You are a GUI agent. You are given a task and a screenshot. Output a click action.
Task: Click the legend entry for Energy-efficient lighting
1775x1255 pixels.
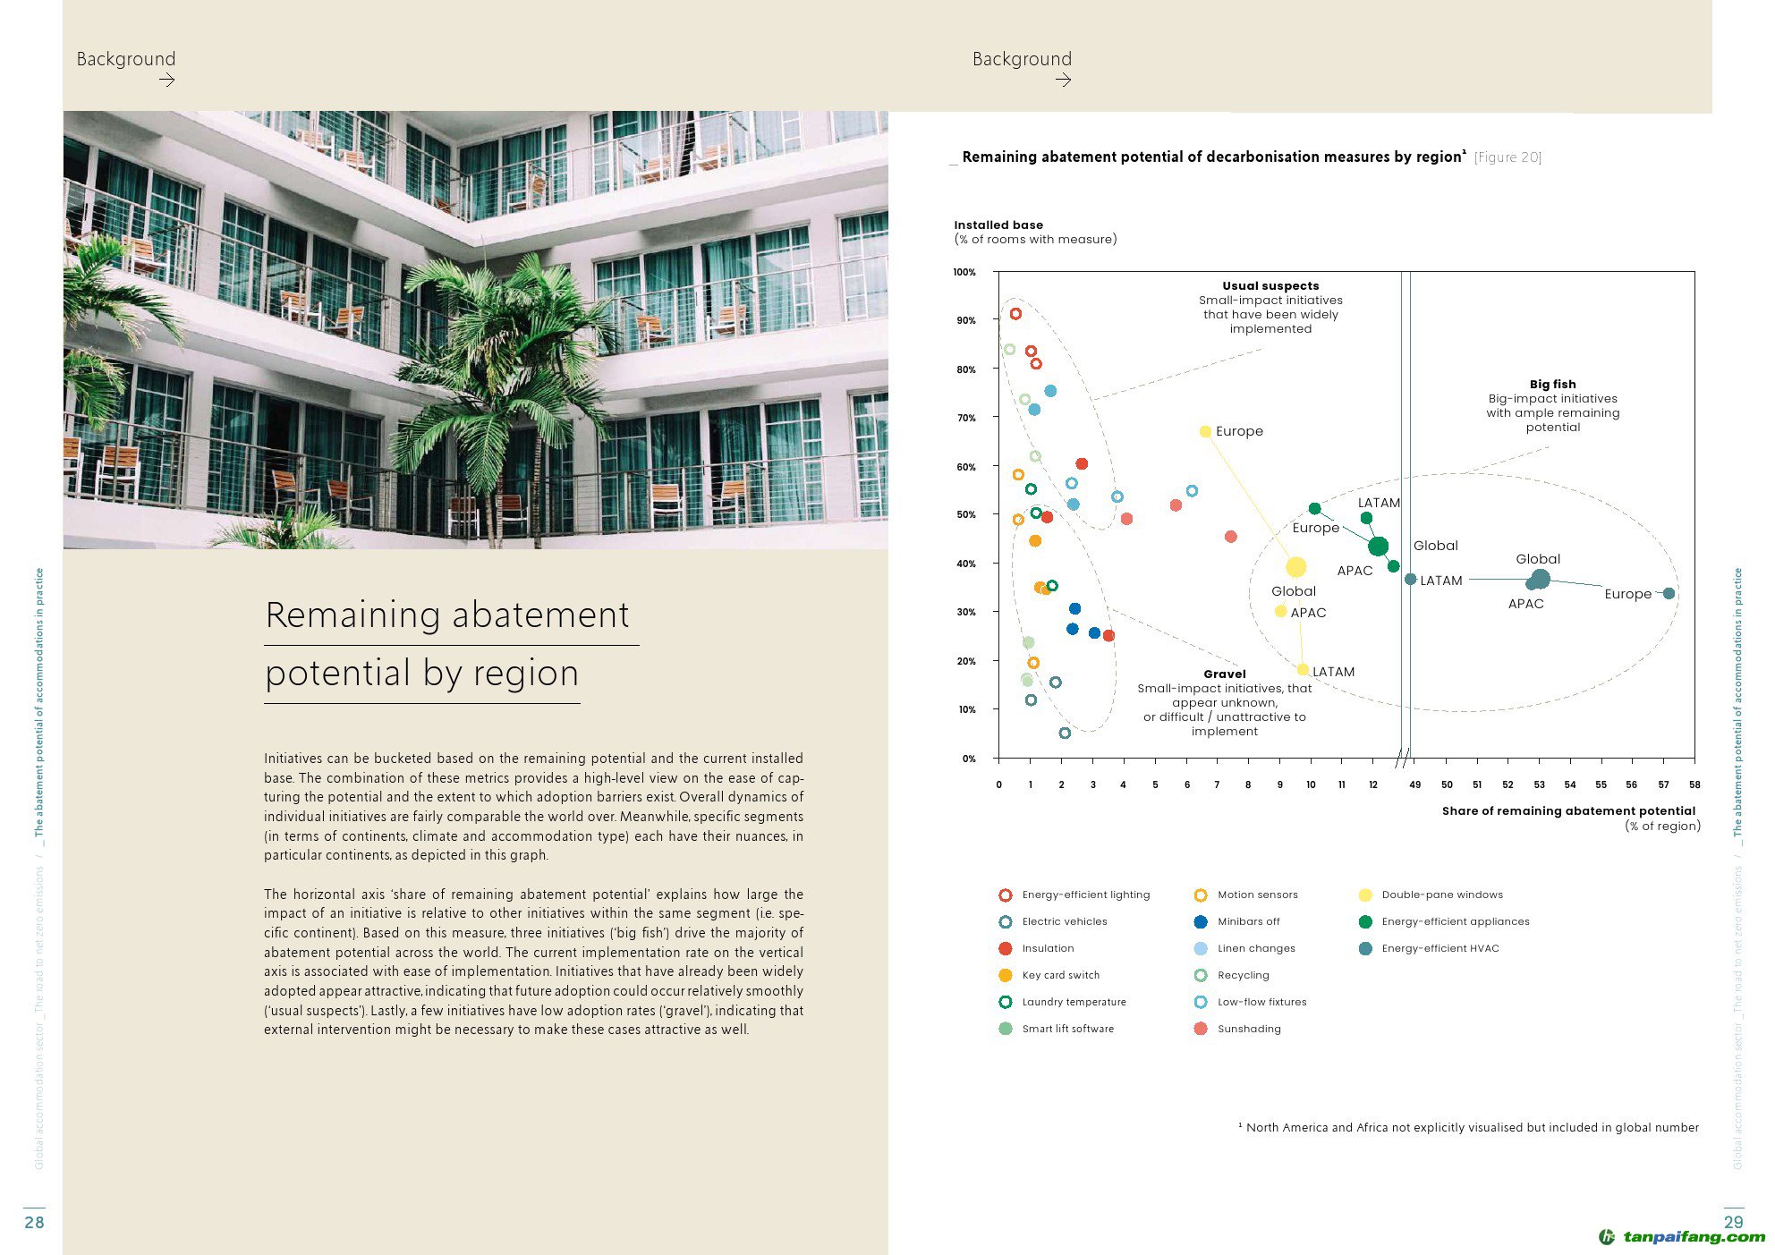point(1085,895)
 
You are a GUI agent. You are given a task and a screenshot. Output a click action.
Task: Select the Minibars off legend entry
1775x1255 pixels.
point(1248,921)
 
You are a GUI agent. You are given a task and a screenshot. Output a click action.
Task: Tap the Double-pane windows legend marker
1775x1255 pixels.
point(1365,895)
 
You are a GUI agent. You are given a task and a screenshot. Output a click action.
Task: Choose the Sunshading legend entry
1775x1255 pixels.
point(1249,1029)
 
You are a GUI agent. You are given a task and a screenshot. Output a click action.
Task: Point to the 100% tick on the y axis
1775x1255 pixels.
point(964,272)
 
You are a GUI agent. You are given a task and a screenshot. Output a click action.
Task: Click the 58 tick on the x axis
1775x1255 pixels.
point(1694,784)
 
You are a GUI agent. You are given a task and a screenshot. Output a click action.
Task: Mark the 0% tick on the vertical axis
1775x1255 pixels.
point(968,759)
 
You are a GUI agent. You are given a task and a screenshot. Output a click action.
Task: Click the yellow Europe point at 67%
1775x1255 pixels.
point(1205,431)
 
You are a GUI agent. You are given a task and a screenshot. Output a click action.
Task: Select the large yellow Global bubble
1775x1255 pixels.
point(1295,566)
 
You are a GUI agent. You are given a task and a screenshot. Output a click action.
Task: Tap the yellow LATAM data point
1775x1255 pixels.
point(1303,669)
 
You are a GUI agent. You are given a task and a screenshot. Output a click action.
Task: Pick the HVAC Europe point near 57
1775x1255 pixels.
point(1669,593)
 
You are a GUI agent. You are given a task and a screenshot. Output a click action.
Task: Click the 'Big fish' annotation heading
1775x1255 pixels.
point(1553,384)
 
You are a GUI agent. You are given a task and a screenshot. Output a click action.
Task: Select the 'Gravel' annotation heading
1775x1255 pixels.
point(1224,674)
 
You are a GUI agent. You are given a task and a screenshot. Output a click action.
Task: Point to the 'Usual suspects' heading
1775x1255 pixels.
point(1270,285)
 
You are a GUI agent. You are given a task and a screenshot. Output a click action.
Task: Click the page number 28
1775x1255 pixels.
point(34,1222)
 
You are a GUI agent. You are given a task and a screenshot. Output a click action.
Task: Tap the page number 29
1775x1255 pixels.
point(1733,1222)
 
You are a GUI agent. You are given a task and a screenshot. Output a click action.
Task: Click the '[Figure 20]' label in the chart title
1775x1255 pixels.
point(1507,157)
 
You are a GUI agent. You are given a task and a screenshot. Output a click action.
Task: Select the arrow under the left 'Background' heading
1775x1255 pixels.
point(166,80)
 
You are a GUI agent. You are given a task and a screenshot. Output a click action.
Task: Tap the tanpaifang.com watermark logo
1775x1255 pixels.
point(1682,1237)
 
